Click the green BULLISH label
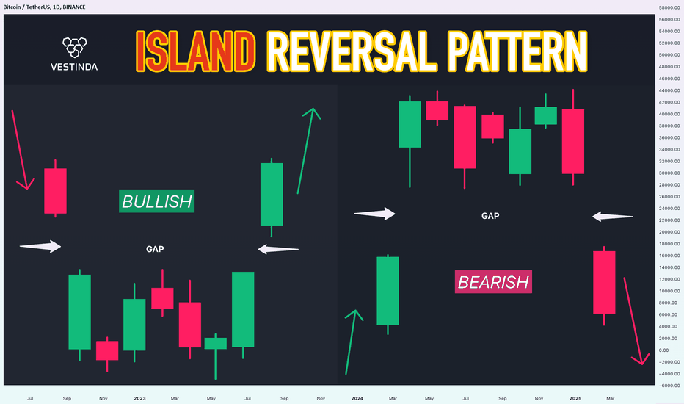coord(156,201)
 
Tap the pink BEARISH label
coord(493,282)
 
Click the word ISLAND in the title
coord(195,51)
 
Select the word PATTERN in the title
coord(517,51)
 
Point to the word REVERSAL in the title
coord(351,51)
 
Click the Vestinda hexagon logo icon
coord(74,47)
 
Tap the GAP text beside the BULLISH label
coord(155,249)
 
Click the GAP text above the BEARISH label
coord(490,216)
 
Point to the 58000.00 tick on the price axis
coord(669,7)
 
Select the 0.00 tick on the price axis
coord(663,350)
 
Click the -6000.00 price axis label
coord(669,386)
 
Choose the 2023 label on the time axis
coord(139,398)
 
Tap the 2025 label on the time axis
coord(575,398)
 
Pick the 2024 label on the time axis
coord(357,398)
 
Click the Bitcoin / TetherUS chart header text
coord(45,7)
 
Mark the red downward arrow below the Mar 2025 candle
coord(636,321)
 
